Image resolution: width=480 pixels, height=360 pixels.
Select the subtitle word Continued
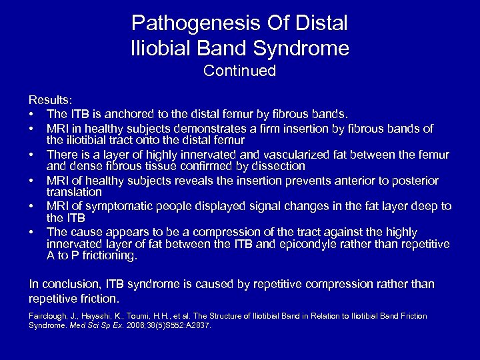pos(239,71)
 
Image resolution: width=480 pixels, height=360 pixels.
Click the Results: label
pos(49,100)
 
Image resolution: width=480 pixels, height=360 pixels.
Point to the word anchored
pos(127,113)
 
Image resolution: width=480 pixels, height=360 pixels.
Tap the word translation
pos(73,191)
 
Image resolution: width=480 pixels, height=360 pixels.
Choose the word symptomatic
pos(129,206)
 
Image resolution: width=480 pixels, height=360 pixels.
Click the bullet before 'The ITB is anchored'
pos(32,113)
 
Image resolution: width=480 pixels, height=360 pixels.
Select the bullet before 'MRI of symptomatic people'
pos(32,206)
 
